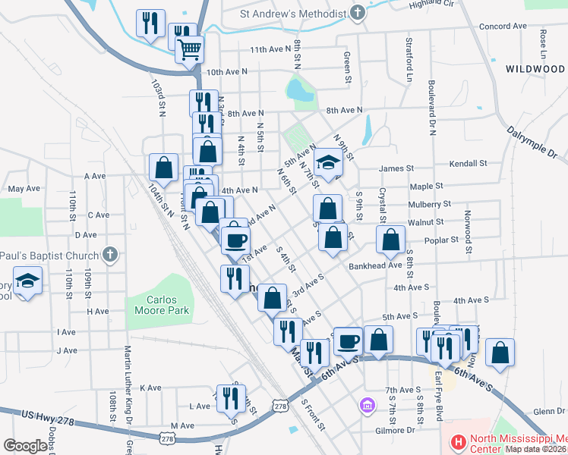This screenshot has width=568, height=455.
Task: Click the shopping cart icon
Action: click(x=190, y=50)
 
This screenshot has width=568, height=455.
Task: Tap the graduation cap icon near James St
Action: click(x=328, y=163)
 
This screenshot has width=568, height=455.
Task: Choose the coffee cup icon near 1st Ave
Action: click(x=235, y=240)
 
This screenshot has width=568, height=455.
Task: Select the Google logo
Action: click(x=25, y=445)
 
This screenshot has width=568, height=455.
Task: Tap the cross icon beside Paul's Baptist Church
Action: click(x=110, y=254)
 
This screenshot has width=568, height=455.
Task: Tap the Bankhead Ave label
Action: click(x=374, y=266)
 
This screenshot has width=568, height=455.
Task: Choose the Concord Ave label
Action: click(x=503, y=26)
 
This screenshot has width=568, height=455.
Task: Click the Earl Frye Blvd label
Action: click(x=439, y=394)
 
